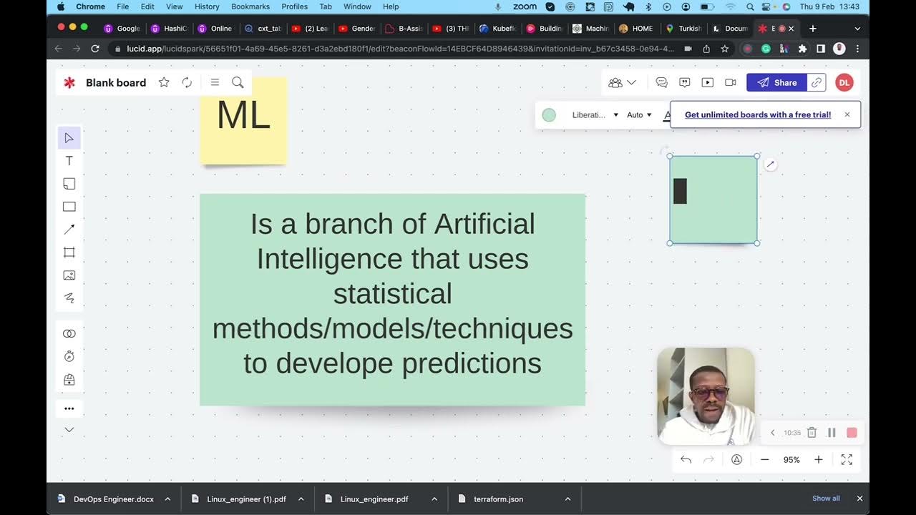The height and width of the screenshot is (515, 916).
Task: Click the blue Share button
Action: point(776,82)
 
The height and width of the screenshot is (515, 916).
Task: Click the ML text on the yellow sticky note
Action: point(243,115)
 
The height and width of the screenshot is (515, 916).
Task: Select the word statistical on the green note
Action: point(392,294)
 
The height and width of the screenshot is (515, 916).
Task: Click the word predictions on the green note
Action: point(471,363)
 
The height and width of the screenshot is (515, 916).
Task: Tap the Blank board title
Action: point(116,82)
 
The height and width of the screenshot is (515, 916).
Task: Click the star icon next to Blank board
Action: point(164,82)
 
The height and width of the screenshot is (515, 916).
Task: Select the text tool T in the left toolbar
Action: point(69,161)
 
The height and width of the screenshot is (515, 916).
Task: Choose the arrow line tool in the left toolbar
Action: point(69,230)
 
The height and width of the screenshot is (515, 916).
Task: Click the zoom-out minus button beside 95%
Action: point(764,460)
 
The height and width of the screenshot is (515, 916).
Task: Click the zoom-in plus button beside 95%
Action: point(819,460)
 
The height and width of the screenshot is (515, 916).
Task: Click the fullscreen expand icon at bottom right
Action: point(847,460)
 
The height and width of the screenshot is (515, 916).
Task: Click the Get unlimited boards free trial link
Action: point(758,114)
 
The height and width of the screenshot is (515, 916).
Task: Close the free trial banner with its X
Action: point(847,114)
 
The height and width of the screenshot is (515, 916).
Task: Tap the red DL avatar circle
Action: point(844,82)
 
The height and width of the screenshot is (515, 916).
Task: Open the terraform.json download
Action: point(498,499)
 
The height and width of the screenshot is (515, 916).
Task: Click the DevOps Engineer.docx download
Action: point(113,499)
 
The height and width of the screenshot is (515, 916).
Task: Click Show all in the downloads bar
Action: point(826,499)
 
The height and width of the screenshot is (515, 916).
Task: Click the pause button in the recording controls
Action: point(832,433)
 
